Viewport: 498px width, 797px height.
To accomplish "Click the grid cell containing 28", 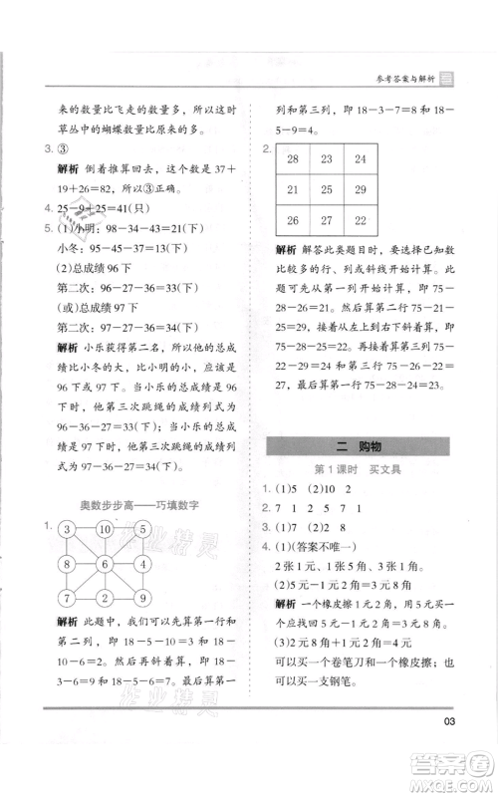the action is click(x=294, y=158).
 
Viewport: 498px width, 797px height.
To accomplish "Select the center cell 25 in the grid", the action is click(x=328, y=189).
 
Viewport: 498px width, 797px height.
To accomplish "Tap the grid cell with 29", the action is click(x=362, y=189).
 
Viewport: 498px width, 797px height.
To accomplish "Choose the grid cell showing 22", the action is click(x=362, y=220).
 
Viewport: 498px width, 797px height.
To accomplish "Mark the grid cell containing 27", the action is click(x=328, y=220).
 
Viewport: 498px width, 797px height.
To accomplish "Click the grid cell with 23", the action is click(x=328, y=158).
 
